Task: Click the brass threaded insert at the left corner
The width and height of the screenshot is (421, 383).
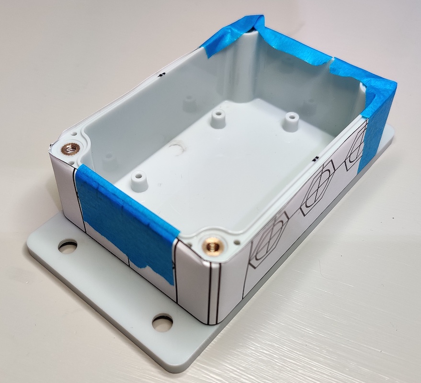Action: [70, 149]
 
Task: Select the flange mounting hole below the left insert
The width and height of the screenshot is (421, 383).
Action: [68, 247]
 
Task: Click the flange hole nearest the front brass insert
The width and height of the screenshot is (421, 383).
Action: [162, 322]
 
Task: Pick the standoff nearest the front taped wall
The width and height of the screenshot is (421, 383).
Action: [138, 181]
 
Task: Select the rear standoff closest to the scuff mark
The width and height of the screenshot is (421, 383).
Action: [218, 118]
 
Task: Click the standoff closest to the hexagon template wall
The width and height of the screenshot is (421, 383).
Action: [290, 122]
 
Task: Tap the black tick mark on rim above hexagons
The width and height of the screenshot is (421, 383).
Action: [315, 158]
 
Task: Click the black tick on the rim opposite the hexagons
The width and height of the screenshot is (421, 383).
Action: [162, 74]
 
